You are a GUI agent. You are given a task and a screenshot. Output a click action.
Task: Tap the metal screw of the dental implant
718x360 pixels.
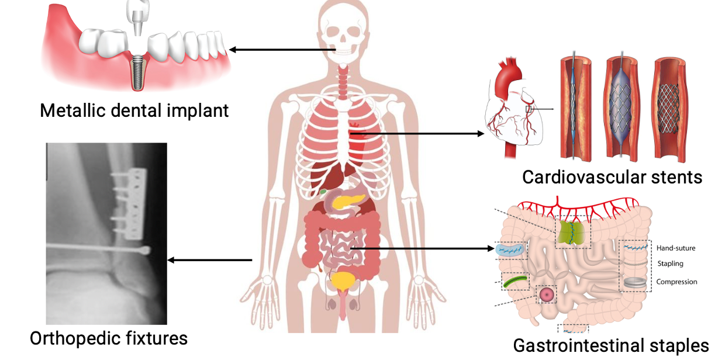click(x=139, y=73)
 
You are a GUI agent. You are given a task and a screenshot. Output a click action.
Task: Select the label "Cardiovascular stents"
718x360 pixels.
click(x=612, y=176)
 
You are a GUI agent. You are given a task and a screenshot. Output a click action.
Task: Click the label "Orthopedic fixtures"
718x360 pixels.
click(x=109, y=338)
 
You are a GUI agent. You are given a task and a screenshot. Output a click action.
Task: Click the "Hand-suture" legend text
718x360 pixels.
click(x=676, y=248)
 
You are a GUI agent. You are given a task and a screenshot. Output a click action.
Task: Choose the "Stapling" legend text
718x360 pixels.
click(x=670, y=264)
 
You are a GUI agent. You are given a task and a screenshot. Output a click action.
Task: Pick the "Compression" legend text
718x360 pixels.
click(x=676, y=282)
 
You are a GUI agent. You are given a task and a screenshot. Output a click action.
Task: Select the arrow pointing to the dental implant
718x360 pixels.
click(x=281, y=50)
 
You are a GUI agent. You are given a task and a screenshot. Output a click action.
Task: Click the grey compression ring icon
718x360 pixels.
click(x=636, y=282)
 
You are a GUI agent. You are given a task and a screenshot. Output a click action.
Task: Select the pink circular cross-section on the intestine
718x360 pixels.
click(x=547, y=295)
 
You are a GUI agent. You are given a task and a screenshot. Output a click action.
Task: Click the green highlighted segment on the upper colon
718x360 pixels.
click(x=571, y=232)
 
